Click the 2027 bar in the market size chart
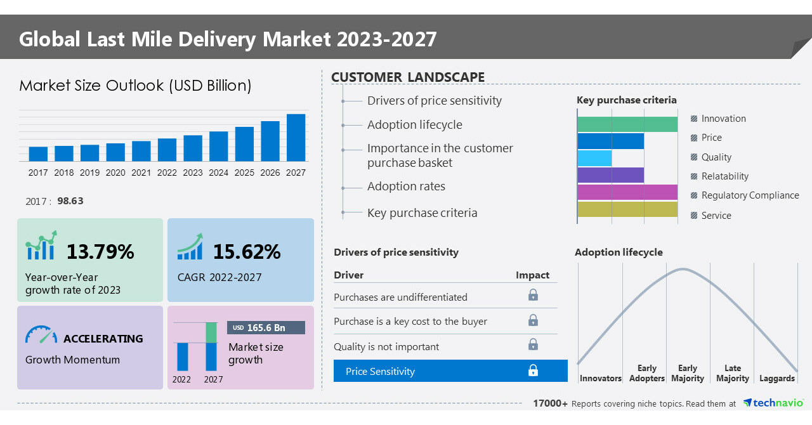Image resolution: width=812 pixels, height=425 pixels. pos(296,138)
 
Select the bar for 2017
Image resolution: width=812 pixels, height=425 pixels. pos(38,154)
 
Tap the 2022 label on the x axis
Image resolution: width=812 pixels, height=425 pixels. pos(167,173)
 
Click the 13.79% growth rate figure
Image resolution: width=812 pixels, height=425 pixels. pos(100,252)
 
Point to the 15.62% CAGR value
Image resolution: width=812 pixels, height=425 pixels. pos(246,252)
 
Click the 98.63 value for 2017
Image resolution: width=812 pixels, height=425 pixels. pos(70,200)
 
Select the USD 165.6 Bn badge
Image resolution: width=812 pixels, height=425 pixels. pos(266,327)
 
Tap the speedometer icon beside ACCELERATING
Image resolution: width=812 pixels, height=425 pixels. pos(41,335)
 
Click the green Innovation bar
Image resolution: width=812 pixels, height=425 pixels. pos(627,124)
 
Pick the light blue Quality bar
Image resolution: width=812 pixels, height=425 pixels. pos(594,158)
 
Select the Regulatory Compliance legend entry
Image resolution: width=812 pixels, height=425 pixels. pos(750,195)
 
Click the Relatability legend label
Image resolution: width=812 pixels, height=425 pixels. pos(724,176)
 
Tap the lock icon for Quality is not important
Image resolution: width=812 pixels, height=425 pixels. pos(533,344)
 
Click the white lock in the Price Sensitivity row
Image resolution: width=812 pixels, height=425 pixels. pos(533,370)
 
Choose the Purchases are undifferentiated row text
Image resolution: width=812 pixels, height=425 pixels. pos(400,297)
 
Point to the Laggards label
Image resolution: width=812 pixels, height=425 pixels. pos(776,378)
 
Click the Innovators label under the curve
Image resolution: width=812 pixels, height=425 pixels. pos(600,378)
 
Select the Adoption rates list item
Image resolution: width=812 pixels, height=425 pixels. pos(406,186)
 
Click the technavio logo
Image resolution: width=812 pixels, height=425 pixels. pos(773,403)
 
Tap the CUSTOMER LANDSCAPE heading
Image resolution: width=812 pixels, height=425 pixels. pos(408,77)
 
